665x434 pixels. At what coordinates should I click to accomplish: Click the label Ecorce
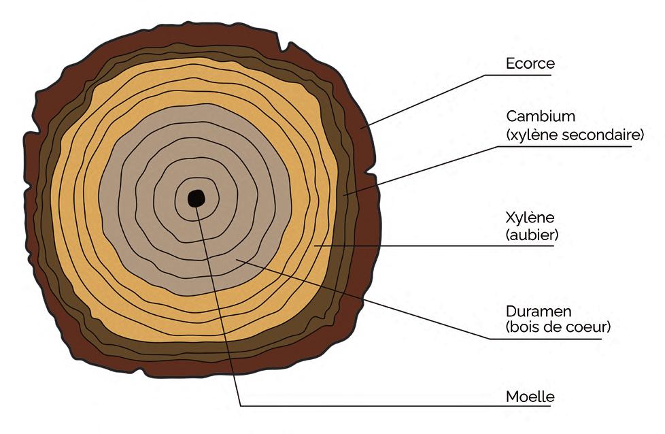coord(530,63)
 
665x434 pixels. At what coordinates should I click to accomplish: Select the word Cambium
coord(536,116)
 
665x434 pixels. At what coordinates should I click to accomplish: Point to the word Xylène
coord(530,218)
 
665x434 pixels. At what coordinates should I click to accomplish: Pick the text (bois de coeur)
coord(558,327)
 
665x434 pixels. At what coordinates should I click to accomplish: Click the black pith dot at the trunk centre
coord(197,198)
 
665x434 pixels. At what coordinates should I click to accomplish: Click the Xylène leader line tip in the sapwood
coord(316,245)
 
